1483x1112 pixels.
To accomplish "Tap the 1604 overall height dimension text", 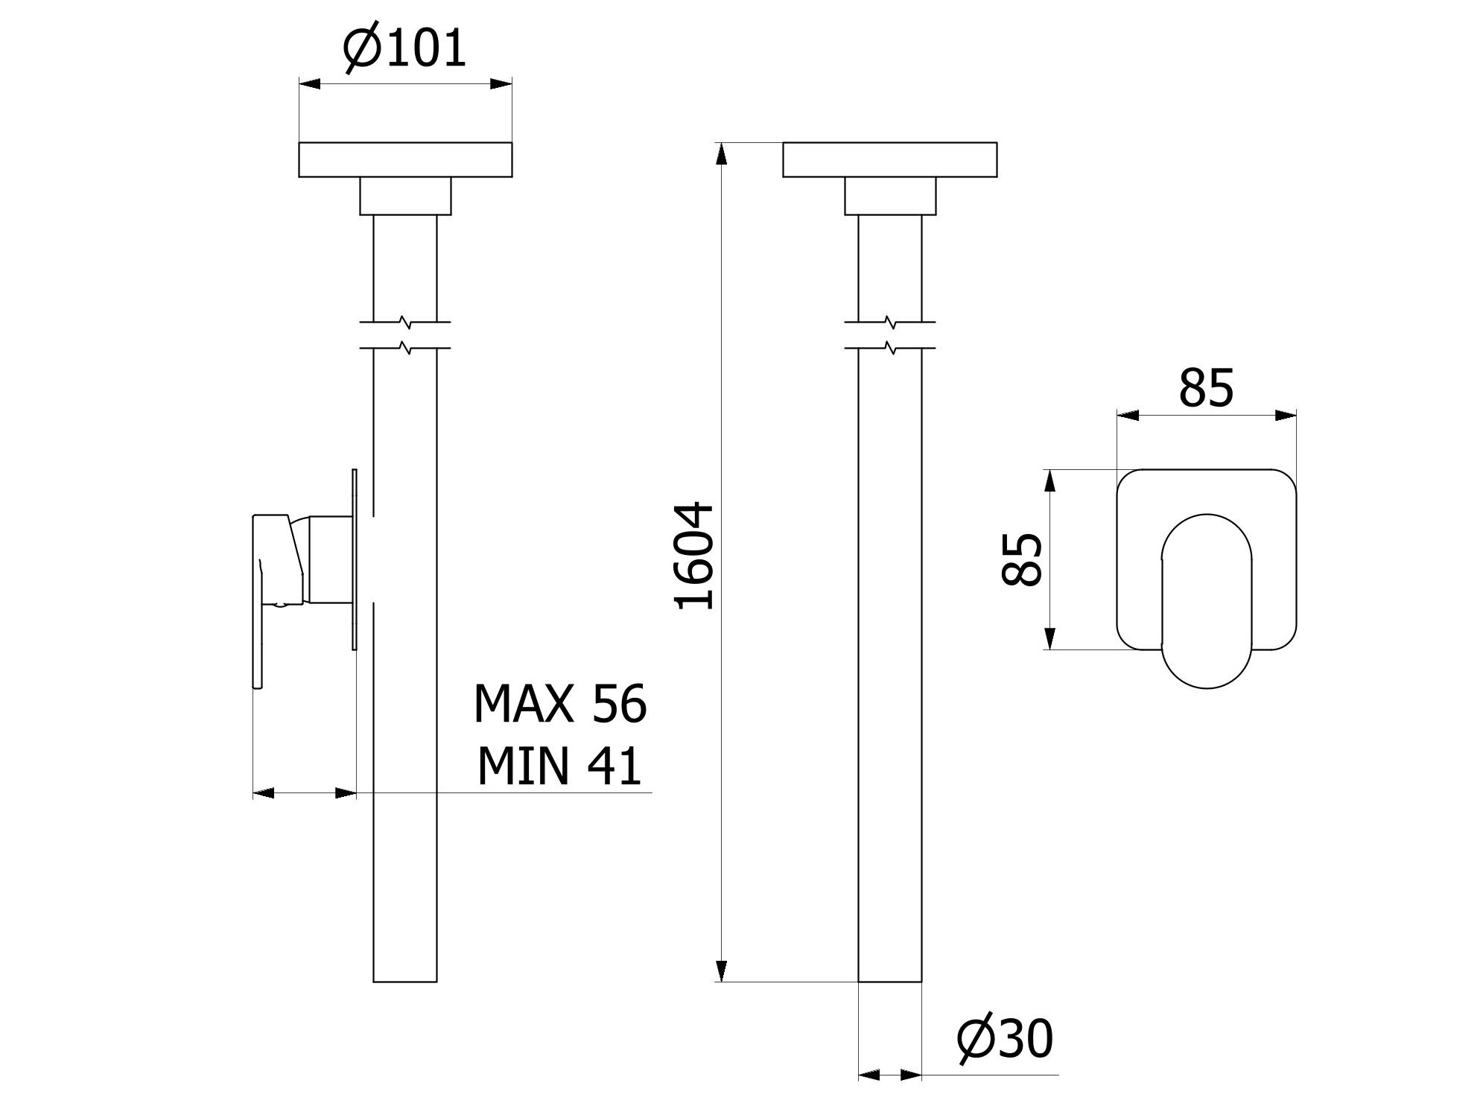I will tap(694, 556).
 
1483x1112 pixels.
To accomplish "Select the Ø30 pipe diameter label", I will tap(1005, 1039).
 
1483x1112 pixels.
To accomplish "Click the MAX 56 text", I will tap(560, 704).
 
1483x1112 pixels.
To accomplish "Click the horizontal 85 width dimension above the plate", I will tap(1205, 388).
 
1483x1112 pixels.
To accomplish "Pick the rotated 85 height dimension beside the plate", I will tap(1022, 559).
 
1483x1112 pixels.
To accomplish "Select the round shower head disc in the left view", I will tap(405, 159).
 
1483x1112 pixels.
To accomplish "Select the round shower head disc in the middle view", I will tap(889, 159).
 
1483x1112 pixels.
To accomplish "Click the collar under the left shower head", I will tap(405, 196).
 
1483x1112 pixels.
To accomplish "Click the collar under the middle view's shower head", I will tap(889, 196).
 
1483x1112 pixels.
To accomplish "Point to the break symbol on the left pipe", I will tap(404, 334).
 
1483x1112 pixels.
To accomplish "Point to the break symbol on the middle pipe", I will tap(889, 334).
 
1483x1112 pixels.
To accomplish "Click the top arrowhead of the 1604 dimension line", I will tap(720, 153).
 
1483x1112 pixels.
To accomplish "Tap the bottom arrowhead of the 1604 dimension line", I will tap(720, 971).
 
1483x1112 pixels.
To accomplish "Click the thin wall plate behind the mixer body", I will tap(355, 559).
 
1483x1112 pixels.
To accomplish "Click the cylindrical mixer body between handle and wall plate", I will tap(328, 559).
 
